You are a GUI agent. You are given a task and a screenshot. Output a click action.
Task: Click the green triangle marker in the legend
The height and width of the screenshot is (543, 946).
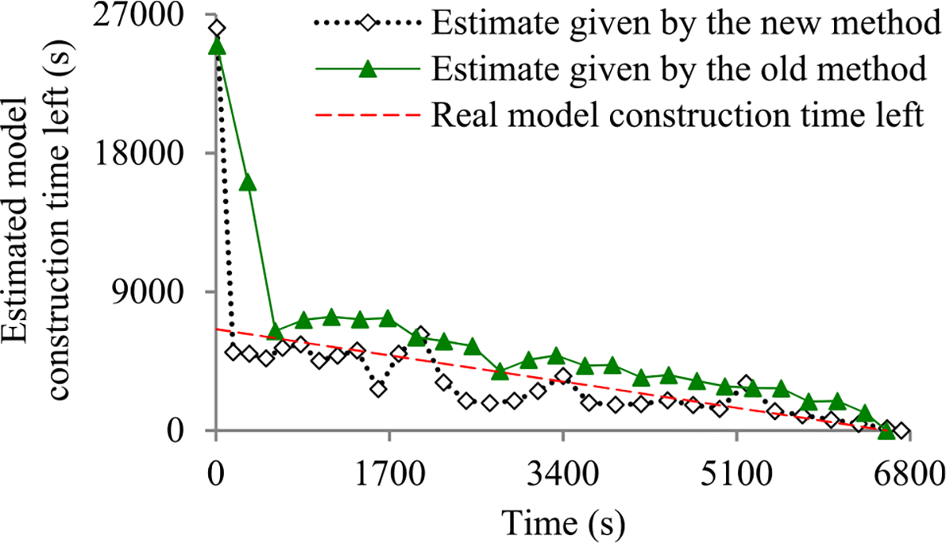(x=367, y=70)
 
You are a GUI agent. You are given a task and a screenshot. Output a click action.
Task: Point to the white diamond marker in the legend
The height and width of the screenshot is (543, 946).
(x=367, y=24)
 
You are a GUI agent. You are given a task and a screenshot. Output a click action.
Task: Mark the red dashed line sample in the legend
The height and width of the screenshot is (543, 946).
(x=367, y=115)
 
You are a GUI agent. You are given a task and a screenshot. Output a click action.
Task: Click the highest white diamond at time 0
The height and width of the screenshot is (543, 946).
(x=218, y=28)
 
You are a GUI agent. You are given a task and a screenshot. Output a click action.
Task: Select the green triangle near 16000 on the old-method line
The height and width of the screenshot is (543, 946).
(x=248, y=183)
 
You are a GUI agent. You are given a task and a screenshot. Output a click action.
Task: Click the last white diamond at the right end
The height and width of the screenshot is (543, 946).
(x=902, y=431)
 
